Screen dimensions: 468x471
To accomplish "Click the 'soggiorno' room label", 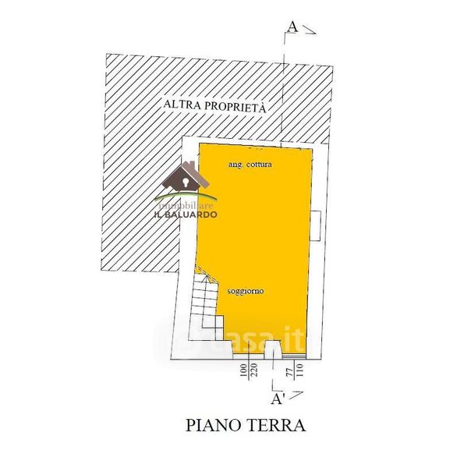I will (x=245, y=291).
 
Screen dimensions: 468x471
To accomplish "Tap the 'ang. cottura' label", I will (x=250, y=166).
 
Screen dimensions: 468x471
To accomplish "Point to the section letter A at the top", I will (x=292, y=26).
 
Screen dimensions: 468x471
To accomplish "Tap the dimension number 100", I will (x=244, y=370).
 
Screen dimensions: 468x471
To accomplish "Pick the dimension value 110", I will (x=299, y=370).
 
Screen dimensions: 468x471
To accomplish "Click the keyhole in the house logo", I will (x=187, y=181).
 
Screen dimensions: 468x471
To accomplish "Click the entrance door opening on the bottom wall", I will (x=274, y=352).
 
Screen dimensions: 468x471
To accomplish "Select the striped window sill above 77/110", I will (x=294, y=356).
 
